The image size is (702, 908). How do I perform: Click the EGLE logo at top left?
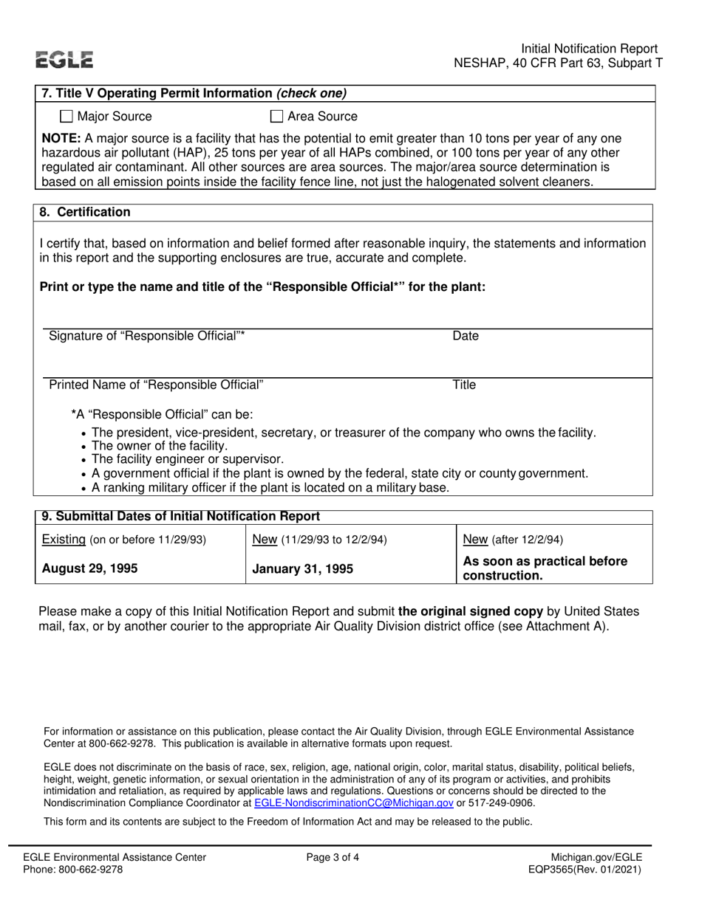[x=66, y=59]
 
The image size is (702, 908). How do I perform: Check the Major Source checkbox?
[x=67, y=116]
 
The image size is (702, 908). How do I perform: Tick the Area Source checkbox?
[x=276, y=116]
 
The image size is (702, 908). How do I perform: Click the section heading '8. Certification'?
[x=85, y=213]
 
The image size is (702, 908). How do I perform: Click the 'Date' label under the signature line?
[x=466, y=337]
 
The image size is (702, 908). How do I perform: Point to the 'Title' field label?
[x=464, y=385]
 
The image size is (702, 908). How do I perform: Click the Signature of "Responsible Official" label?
[x=146, y=337]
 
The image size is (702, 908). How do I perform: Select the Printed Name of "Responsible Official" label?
[x=155, y=385]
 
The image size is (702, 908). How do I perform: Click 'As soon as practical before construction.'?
[x=544, y=568]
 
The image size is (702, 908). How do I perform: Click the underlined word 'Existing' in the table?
[x=64, y=539]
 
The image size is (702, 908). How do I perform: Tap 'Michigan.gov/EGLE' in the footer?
[x=596, y=857]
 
